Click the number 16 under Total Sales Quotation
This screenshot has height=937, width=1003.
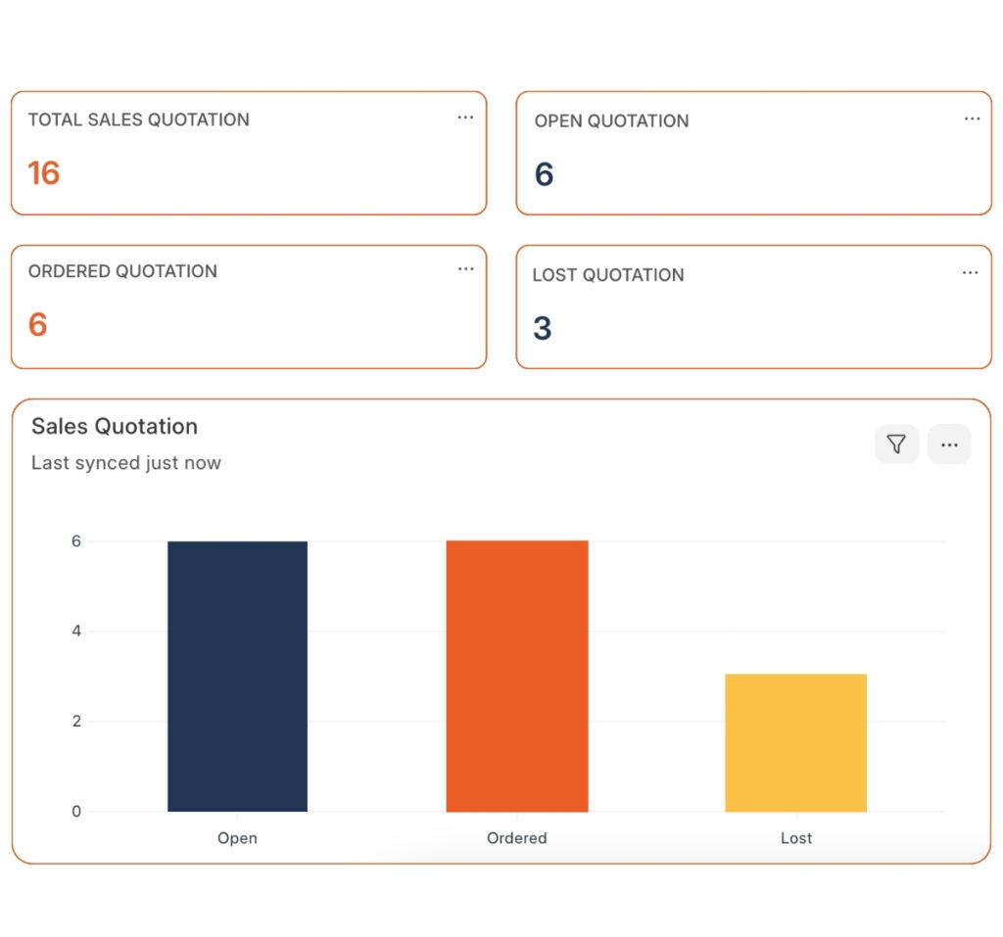pos(44,173)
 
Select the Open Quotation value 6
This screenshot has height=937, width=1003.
pos(545,175)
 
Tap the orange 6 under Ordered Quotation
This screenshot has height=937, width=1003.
pos(38,324)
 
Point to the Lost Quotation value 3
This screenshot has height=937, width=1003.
pos(543,328)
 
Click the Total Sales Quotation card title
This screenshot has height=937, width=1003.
pos(139,119)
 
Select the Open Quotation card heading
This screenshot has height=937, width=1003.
pos(611,121)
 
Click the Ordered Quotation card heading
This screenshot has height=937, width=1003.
pos(122,271)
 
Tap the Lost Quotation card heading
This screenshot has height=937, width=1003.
pos(608,275)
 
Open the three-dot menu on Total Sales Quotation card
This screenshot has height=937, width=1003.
pos(465,117)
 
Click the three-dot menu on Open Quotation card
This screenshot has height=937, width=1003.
pos(972,118)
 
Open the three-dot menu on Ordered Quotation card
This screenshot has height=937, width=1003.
pos(465,269)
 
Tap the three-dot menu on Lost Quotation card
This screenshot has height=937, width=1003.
pos(970,272)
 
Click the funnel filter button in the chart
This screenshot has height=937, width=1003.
pos(896,445)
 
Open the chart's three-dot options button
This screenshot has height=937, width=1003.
pos(949,445)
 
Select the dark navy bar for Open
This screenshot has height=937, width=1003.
pos(237,676)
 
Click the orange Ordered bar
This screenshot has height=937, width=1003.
pos(517,676)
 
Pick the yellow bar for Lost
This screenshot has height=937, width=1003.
pos(795,742)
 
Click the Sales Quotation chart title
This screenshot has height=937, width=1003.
pos(115,426)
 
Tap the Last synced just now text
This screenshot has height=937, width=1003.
pos(126,463)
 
